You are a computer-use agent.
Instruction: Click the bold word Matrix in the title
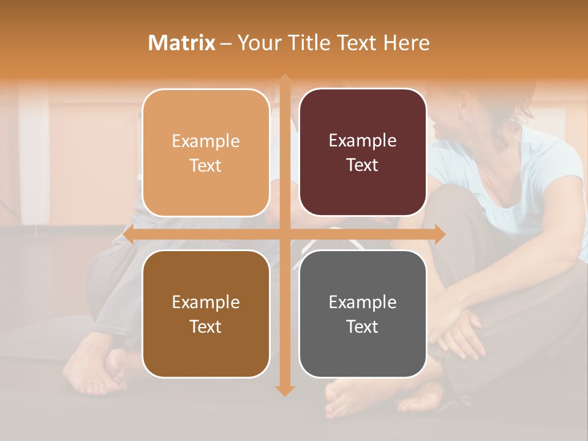point(182,43)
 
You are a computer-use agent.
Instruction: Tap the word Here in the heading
point(406,43)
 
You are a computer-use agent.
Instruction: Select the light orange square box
point(206,153)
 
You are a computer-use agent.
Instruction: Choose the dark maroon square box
point(363,153)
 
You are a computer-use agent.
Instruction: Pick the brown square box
point(206,314)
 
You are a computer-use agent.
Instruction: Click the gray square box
point(363,314)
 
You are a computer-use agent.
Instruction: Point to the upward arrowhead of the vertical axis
point(284,78)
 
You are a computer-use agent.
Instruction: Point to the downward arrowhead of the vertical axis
point(284,391)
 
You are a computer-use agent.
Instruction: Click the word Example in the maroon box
point(363,141)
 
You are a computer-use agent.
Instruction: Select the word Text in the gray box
point(363,326)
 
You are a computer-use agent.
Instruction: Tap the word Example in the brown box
point(206,302)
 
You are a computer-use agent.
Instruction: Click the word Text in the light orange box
point(206,165)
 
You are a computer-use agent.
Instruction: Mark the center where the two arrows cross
point(284,234)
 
